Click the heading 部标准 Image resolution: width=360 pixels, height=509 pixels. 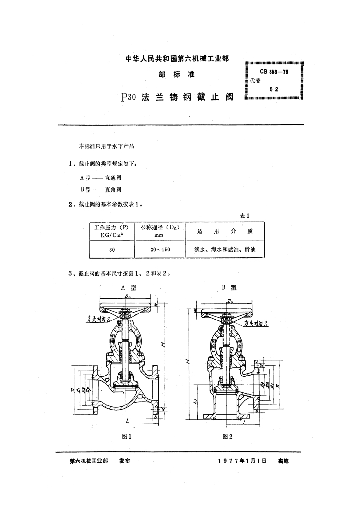pyautogui.click(x=177, y=74)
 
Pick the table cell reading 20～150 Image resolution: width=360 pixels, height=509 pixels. pyautogui.click(x=160, y=250)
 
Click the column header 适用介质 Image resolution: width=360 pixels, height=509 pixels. pyautogui.click(x=225, y=232)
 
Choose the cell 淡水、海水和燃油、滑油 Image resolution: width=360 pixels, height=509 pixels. pyautogui.click(x=225, y=250)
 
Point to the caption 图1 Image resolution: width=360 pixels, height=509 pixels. pyautogui.click(x=126, y=436)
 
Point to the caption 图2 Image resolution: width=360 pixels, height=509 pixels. pyautogui.click(x=228, y=436)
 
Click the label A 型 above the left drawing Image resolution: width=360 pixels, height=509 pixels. pyautogui.click(x=128, y=288)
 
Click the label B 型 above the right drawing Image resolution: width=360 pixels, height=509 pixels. pyautogui.click(x=229, y=288)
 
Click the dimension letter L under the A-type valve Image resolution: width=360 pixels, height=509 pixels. pyautogui.click(x=128, y=421)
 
